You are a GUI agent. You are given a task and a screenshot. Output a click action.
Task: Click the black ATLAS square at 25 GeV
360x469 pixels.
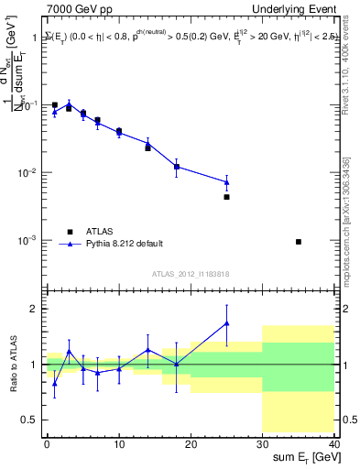click(226, 197)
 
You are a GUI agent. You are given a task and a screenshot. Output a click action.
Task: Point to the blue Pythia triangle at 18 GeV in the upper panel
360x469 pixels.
click(176, 167)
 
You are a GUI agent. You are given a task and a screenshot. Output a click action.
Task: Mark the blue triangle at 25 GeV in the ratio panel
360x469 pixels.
click(226, 323)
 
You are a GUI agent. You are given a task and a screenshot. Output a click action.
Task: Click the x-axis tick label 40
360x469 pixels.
click(334, 443)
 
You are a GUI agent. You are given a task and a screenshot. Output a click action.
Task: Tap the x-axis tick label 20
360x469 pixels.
click(191, 443)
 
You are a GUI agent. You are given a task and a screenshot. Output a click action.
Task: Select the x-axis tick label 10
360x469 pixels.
click(119, 443)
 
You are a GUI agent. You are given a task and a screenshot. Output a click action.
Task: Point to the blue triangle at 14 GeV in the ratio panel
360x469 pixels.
click(147, 349)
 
